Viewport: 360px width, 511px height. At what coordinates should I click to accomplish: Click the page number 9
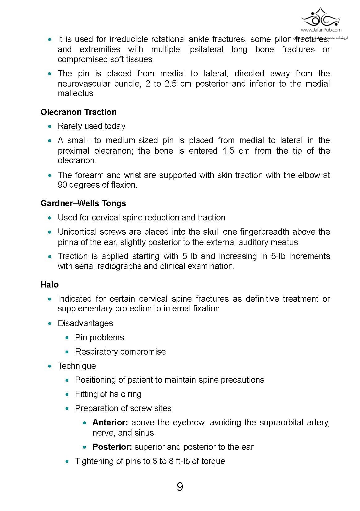click(180, 487)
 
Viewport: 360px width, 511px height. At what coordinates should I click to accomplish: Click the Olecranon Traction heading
click(79, 112)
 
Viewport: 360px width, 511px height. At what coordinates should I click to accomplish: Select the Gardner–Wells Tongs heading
click(83, 203)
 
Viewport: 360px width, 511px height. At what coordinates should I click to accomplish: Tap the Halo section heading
click(49, 284)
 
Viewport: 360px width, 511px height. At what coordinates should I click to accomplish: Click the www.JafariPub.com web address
click(321, 30)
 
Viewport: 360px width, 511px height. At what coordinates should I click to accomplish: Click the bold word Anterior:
click(110, 422)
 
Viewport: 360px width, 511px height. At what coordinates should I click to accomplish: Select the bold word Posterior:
click(112, 447)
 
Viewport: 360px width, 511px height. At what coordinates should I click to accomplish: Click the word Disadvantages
click(85, 323)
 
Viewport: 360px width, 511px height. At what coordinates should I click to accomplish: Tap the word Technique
click(77, 366)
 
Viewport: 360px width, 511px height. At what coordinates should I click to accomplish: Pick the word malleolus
click(76, 93)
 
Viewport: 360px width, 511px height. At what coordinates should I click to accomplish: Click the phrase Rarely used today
click(92, 126)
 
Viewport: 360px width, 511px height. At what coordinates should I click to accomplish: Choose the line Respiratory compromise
click(120, 351)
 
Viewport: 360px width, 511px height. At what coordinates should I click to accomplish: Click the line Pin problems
click(100, 337)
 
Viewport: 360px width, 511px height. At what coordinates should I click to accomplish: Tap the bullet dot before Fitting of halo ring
click(68, 394)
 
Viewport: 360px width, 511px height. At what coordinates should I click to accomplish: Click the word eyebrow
click(189, 422)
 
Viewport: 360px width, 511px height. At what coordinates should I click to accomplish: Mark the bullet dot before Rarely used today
click(50, 126)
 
